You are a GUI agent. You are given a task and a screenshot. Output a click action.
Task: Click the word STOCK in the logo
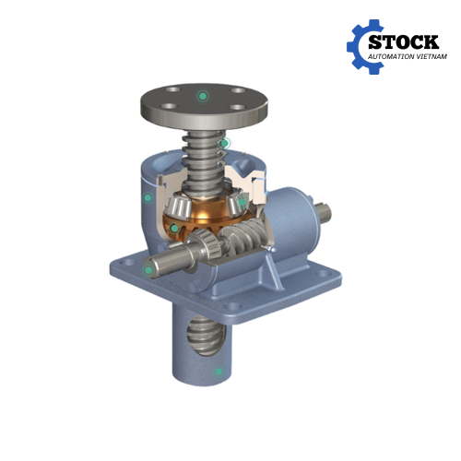(x=403, y=42)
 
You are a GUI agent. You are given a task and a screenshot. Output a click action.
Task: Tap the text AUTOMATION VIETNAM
(x=408, y=56)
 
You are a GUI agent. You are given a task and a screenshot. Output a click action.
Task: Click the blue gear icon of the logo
(x=365, y=47)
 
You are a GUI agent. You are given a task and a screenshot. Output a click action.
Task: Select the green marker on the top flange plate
(x=202, y=96)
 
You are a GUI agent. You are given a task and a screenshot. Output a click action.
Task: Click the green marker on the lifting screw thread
(x=225, y=143)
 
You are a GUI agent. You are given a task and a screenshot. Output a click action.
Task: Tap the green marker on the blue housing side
(x=148, y=197)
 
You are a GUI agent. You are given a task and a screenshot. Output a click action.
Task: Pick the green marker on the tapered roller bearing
(x=242, y=202)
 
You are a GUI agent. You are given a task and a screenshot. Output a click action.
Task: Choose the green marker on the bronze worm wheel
(x=174, y=228)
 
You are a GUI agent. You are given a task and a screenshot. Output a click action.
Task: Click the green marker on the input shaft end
(x=148, y=270)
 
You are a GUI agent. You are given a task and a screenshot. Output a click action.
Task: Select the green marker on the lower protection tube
(x=219, y=372)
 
